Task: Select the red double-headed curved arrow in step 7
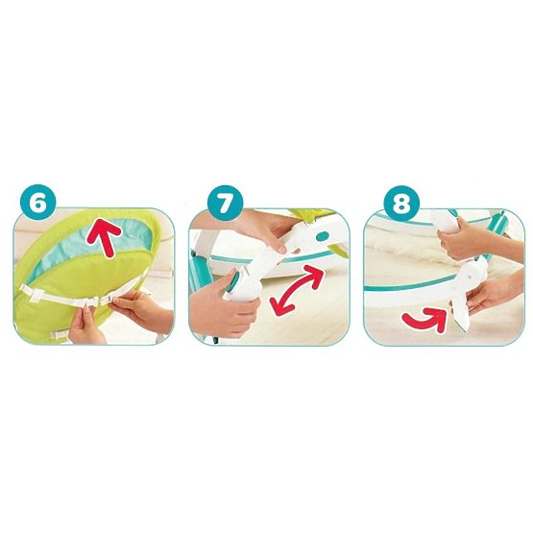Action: (296, 290)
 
